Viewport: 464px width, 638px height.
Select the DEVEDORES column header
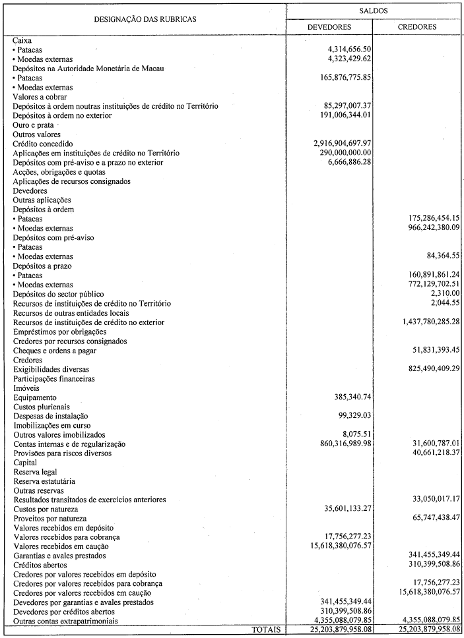[329, 27]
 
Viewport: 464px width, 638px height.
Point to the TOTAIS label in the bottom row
[265, 630]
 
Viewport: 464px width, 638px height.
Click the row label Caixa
[22, 40]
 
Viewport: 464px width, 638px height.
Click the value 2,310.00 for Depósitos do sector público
[445, 293]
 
